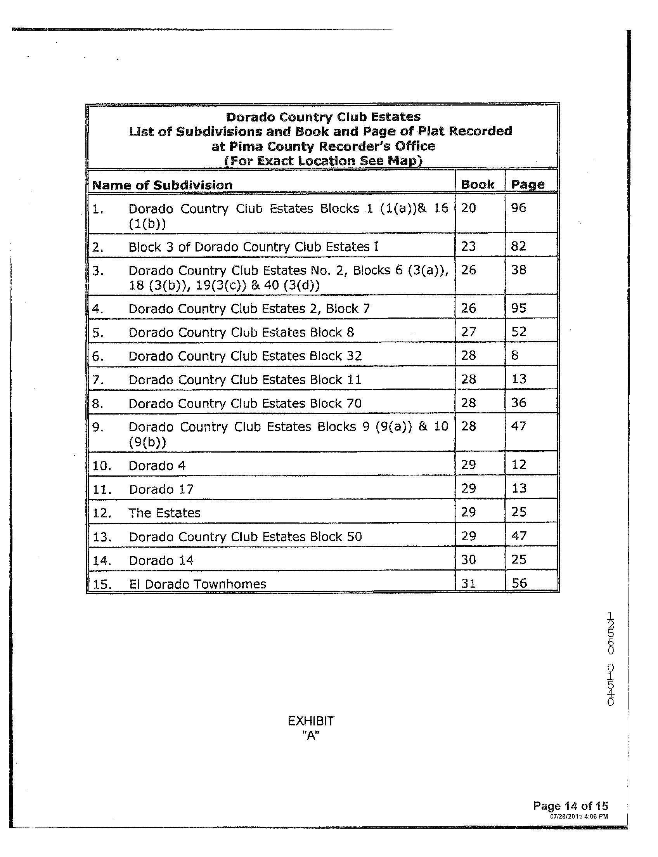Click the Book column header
tap(478, 184)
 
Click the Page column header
tap(528, 184)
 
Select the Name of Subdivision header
tap(162, 185)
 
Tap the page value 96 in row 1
tap(519, 208)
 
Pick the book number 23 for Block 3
tap(468, 246)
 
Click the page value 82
tap(519, 246)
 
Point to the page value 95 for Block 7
tap(519, 309)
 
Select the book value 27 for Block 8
tap(468, 332)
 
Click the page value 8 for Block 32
tap(515, 356)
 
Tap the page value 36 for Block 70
tap(519, 403)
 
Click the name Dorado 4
tap(157, 465)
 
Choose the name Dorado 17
tap(161, 489)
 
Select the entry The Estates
tap(164, 513)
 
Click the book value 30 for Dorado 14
tap(468, 560)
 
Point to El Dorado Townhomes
tap(197, 584)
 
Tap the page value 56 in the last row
tap(519, 583)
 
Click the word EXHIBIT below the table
tap(311, 721)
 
